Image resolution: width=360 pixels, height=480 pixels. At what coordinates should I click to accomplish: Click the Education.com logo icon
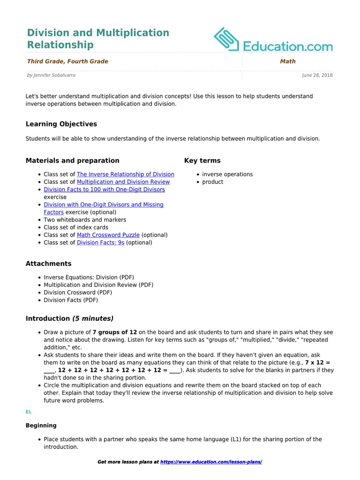(x=227, y=39)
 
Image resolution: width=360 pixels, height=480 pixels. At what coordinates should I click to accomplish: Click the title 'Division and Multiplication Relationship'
(x=98, y=39)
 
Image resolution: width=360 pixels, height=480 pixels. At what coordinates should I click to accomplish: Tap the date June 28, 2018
(x=317, y=75)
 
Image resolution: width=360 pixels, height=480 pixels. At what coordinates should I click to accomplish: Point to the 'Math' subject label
(x=288, y=61)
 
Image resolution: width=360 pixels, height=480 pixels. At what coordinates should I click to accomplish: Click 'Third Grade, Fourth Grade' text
(x=67, y=61)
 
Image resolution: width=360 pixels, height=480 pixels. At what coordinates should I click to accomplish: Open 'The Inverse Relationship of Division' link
(x=125, y=174)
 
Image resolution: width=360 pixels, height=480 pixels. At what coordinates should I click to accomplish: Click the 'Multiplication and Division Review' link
(x=123, y=182)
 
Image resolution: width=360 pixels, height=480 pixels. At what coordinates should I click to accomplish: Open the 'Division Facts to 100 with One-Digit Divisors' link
(x=104, y=189)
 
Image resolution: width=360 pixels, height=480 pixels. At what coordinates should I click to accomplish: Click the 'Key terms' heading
(x=202, y=161)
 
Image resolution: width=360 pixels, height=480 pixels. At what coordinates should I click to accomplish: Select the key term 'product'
(x=213, y=182)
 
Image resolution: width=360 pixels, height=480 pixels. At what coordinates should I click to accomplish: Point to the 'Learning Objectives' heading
(x=61, y=124)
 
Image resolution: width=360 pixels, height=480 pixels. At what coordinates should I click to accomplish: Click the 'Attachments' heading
(x=49, y=264)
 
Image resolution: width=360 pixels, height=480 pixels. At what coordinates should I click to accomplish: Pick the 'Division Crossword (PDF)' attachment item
(x=78, y=292)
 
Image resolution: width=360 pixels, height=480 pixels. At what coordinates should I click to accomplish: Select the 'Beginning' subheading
(x=41, y=426)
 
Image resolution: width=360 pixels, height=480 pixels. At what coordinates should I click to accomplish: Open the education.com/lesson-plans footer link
(x=211, y=462)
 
